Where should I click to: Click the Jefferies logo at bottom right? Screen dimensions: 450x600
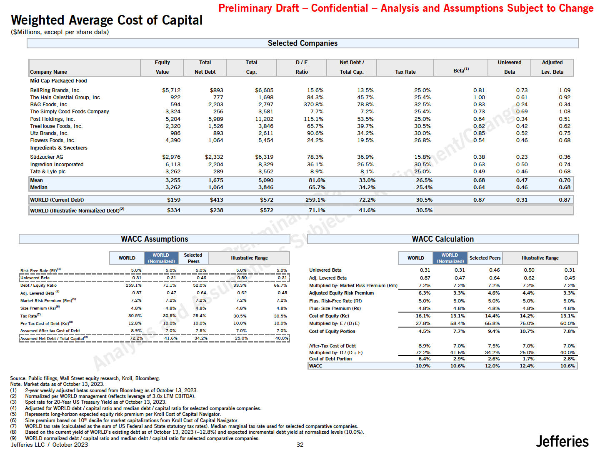[x=562, y=441]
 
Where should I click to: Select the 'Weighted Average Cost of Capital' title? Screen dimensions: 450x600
[x=107, y=20]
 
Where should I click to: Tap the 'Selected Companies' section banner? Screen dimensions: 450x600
[x=302, y=43]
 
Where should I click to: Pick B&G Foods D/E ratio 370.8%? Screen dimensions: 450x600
[x=313, y=105]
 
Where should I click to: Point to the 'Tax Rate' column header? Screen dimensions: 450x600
[x=405, y=72]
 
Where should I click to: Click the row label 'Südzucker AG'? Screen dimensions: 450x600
[x=47, y=157]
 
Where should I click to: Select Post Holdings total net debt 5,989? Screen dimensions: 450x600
[x=215, y=119]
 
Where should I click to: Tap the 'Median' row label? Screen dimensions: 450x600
[x=39, y=187]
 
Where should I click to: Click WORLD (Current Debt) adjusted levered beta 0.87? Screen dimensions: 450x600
[x=564, y=200]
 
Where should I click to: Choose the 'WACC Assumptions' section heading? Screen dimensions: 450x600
[x=154, y=239]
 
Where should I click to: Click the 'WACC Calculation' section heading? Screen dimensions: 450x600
[x=442, y=239]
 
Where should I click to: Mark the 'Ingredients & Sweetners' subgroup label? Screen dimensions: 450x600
[x=59, y=148]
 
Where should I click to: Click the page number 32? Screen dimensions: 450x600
[x=300, y=445]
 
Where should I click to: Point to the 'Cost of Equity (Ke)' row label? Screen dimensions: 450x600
[x=329, y=316]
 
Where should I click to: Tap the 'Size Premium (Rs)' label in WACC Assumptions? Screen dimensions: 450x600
[x=38, y=308]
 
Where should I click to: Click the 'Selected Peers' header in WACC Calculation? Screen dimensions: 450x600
[x=485, y=258]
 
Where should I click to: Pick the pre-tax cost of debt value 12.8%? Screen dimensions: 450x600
[x=135, y=323]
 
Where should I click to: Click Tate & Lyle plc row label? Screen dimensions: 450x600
[x=48, y=172]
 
